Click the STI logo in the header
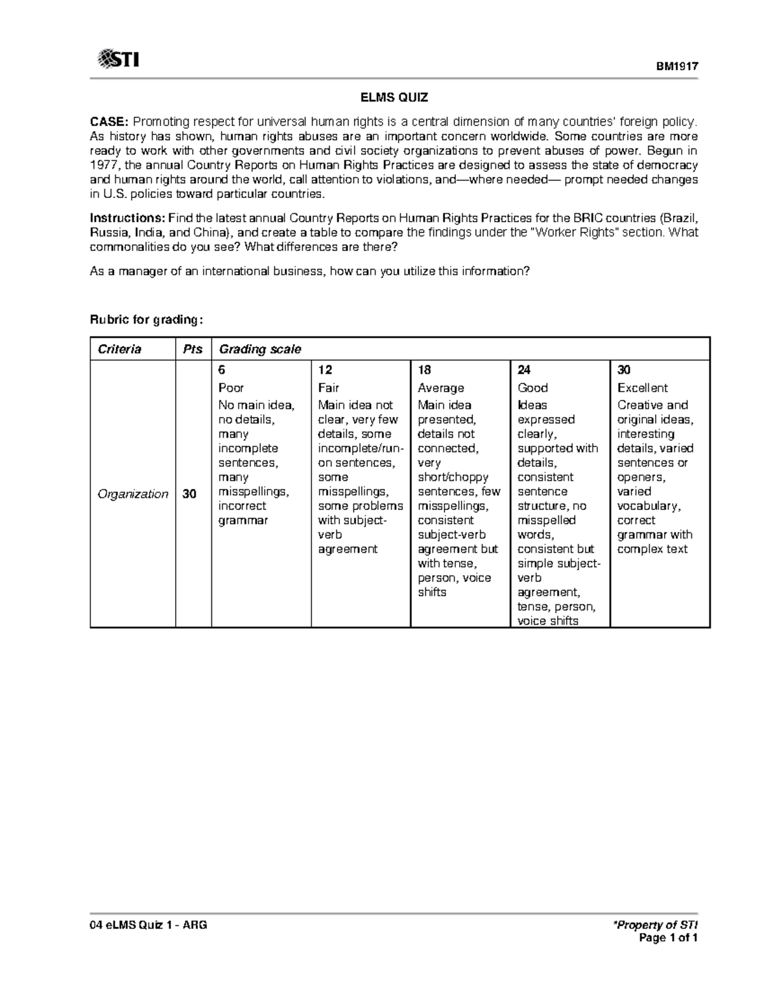click(x=118, y=60)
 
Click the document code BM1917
click(x=678, y=66)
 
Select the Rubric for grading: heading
click(x=147, y=320)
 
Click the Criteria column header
click(x=119, y=349)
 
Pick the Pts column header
click(x=192, y=349)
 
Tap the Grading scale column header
click(x=260, y=349)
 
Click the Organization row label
click(x=132, y=494)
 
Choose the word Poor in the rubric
click(x=231, y=388)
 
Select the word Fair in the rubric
click(x=329, y=388)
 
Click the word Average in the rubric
click(x=441, y=388)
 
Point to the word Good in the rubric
click(x=532, y=388)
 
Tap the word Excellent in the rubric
click(x=642, y=388)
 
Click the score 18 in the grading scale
click(x=424, y=370)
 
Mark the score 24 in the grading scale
click(x=524, y=370)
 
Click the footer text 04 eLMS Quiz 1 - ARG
click(x=148, y=925)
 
